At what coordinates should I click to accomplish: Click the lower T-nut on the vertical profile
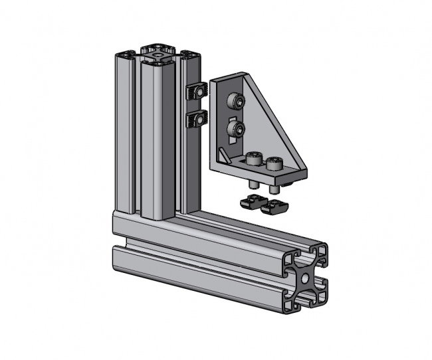click(x=196, y=120)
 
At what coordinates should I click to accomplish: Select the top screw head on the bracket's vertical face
click(x=234, y=102)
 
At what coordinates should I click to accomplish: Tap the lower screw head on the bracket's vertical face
click(x=234, y=128)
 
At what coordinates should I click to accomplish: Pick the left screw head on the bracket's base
click(x=253, y=159)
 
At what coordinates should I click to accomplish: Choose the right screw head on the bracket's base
click(x=274, y=163)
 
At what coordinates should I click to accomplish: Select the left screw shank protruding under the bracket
click(x=255, y=185)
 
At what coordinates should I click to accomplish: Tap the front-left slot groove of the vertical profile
click(x=136, y=133)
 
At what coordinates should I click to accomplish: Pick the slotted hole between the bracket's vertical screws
click(x=232, y=116)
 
